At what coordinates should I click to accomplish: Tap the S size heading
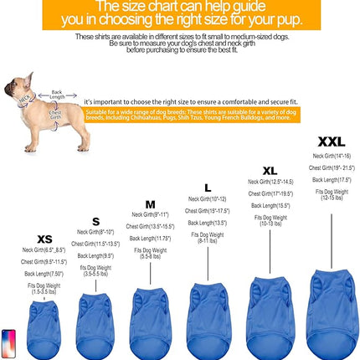click(95, 221)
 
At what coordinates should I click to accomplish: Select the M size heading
click(150, 203)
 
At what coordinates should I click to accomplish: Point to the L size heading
click(208, 187)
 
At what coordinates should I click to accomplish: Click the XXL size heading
click(331, 142)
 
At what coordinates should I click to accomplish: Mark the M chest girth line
click(150, 226)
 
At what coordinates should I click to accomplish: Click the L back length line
click(207, 223)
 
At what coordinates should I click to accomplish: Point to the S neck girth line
click(95, 232)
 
